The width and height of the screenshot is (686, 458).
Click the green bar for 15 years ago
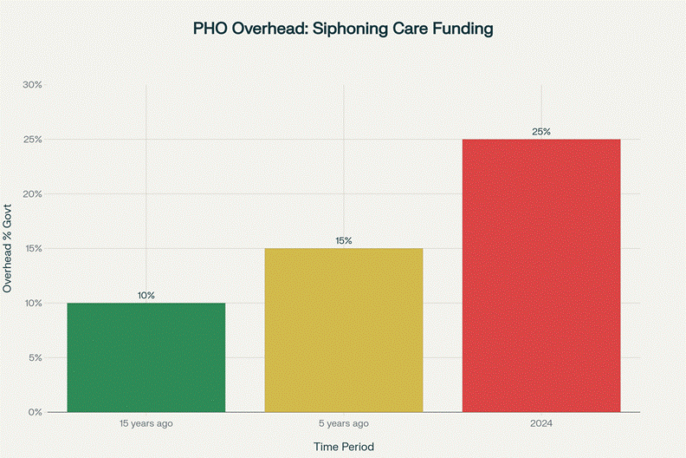tap(146, 357)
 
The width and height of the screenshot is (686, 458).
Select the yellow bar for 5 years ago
tap(344, 330)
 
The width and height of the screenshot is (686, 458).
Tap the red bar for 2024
tap(541, 275)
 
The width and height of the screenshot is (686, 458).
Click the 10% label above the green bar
tap(146, 296)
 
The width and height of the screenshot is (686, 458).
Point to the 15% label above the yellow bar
tap(344, 241)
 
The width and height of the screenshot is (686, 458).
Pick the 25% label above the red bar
tap(541, 132)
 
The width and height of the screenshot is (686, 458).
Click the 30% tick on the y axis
tap(32, 85)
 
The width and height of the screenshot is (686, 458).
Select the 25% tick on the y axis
tap(32, 140)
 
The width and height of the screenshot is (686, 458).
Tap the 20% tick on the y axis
tap(32, 194)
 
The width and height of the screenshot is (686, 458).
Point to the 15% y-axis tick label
tap(32, 249)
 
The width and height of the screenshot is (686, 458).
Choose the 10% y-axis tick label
tap(32, 303)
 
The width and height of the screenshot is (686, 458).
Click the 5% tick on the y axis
tap(34, 357)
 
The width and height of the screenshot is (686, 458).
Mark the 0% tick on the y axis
tap(34, 412)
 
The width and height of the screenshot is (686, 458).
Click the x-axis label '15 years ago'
tap(146, 423)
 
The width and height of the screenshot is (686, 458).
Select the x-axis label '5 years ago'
tap(344, 423)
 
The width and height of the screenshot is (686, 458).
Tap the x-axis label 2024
tap(541, 423)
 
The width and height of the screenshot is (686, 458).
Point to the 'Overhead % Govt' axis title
tap(8, 249)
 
